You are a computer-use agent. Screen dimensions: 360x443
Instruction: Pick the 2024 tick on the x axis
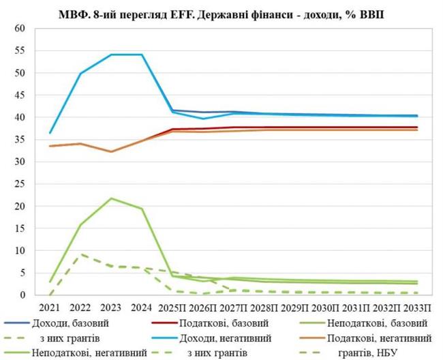[x=142, y=307]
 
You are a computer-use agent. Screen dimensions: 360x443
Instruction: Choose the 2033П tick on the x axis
[x=417, y=307]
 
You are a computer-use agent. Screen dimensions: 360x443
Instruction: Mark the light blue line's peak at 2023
[x=111, y=55]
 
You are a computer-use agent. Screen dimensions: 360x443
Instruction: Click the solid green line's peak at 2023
[x=111, y=198]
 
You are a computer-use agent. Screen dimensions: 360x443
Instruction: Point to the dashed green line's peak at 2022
[x=81, y=254]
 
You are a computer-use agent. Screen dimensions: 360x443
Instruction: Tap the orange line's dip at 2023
[x=111, y=151]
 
